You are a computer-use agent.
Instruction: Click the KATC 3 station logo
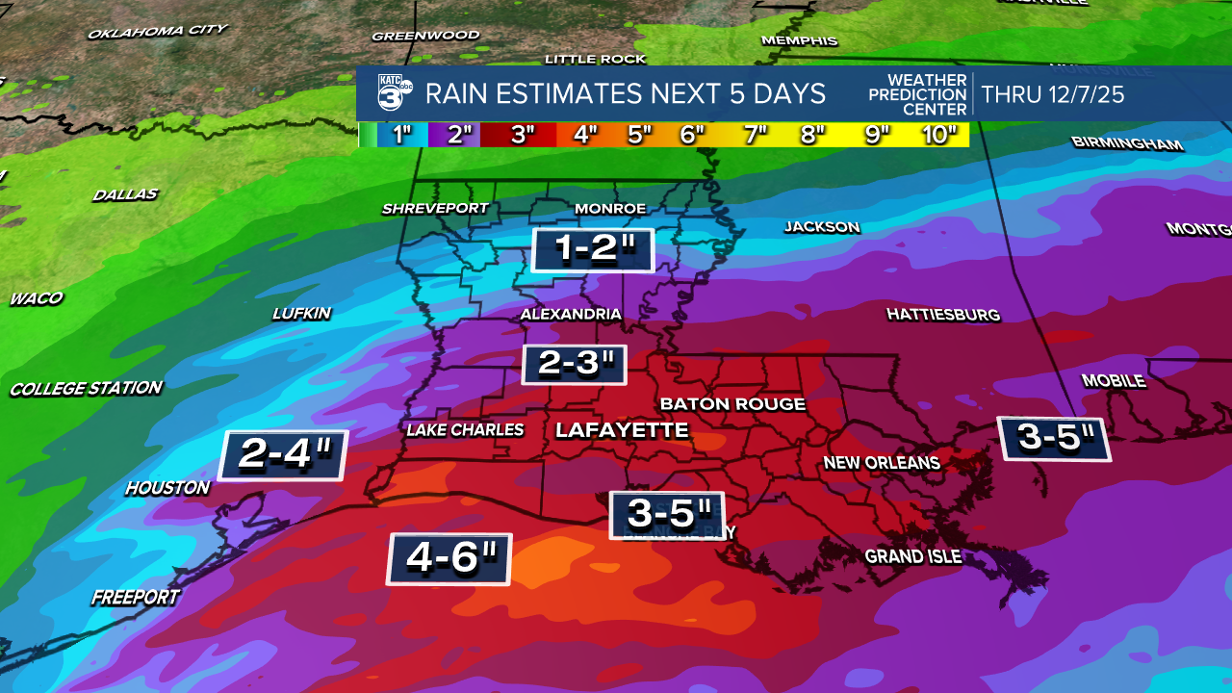pyautogui.click(x=394, y=92)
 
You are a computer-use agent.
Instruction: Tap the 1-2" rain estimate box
pyautogui.click(x=593, y=250)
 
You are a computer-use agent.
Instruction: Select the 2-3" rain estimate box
pyautogui.click(x=575, y=365)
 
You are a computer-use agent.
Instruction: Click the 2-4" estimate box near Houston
pyautogui.click(x=283, y=455)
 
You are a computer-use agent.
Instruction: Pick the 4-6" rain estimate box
pyautogui.click(x=449, y=558)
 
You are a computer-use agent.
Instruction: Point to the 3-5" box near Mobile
pyautogui.click(x=1055, y=439)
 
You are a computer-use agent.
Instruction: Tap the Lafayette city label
pyautogui.click(x=622, y=430)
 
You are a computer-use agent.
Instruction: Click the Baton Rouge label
pyautogui.click(x=732, y=404)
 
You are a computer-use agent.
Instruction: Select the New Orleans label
pyautogui.click(x=882, y=463)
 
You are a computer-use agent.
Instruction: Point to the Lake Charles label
pyautogui.click(x=465, y=429)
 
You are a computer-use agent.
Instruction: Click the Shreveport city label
pyautogui.click(x=436, y=208)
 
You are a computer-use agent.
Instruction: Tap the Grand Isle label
pyautogui.click(x=912, y=556)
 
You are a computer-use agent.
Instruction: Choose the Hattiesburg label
pyautogui.click(x=943, y=315)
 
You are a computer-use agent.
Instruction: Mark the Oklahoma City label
pyautogui.click(x=157, y=32)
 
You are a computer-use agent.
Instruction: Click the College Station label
pyautogui.click(x=86, y=389)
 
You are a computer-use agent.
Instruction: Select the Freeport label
pyautogui.click(x=136, y=598)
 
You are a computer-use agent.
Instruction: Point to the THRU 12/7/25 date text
pyautogui.click(x=1052, y=94)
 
